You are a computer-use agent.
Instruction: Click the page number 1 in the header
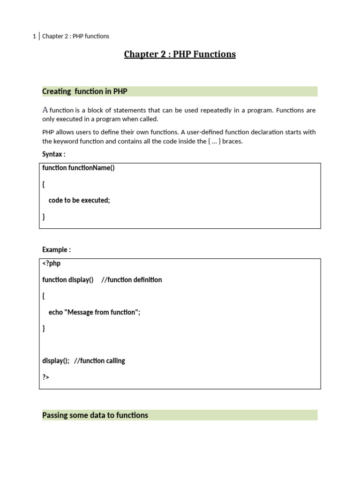pos(34,36)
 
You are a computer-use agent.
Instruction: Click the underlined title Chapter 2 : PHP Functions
pos(180,54)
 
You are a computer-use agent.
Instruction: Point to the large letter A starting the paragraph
pos(45,110)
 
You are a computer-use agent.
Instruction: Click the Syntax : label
pos(53,154)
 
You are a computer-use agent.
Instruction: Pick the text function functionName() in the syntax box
pos(78,168)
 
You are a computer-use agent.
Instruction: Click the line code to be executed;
pos(79,200)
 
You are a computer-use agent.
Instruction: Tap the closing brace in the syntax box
pos(44,217)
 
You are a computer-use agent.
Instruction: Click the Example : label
pos(56,250)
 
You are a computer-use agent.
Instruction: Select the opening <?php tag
pos(51,263)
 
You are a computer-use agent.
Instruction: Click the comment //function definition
pos(132,280)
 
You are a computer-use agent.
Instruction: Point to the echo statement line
pos(94,312)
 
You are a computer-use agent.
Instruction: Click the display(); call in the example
pos(56,361)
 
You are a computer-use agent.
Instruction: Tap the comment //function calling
pos(99,361)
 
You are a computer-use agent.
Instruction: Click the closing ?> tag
pos(45,377)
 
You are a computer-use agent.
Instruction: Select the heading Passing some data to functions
pos(95,415)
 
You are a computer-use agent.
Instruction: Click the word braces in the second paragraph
pos(232,141)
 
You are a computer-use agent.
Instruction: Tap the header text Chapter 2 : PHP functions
pos(75,36)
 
